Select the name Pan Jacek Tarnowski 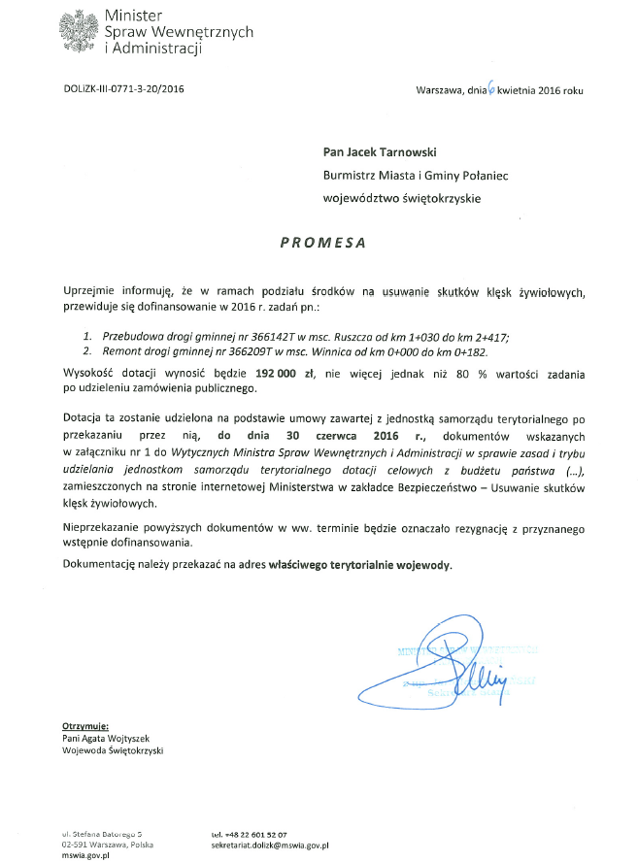click(x=381, y=151)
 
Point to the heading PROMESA click(x=322, y=244)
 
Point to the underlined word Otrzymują click(x=85, y=726)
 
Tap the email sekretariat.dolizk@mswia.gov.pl click(x=271, y=845)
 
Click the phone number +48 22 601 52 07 click(x=249, y=834)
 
